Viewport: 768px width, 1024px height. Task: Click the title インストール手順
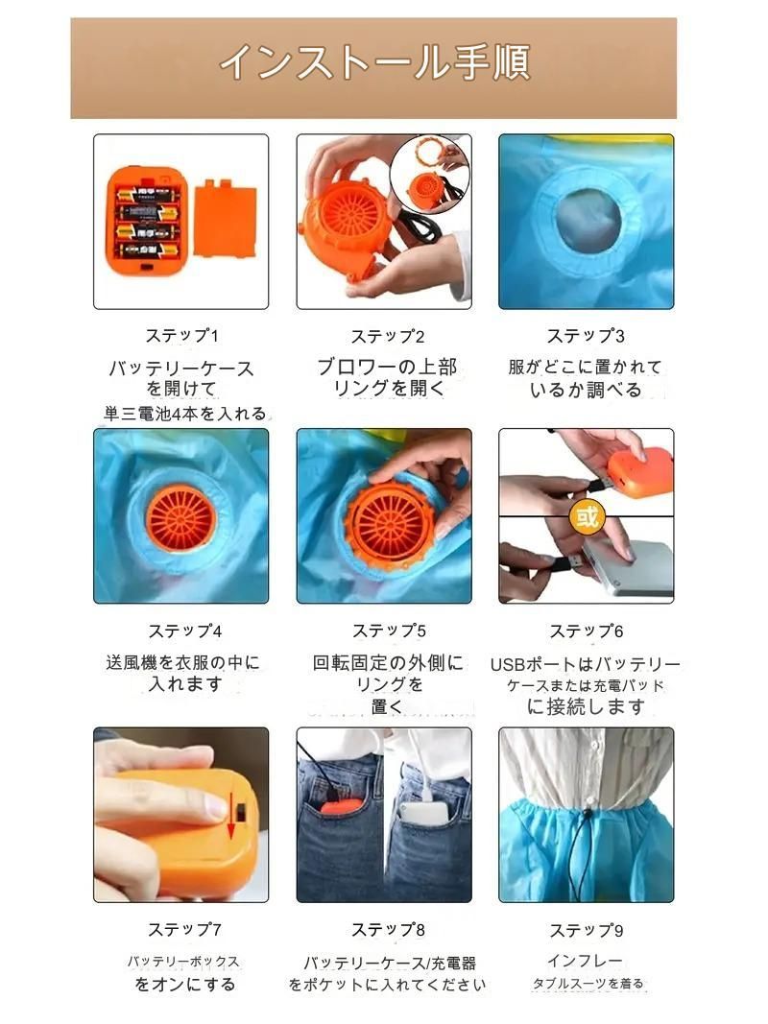[x=373, y=63]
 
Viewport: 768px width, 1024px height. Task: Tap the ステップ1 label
[x=181, y=336]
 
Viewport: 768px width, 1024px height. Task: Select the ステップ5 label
[x=388, y=631]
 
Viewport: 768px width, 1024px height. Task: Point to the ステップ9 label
[x=586, y=930]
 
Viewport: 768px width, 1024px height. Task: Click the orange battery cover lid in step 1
[x=225, y=219]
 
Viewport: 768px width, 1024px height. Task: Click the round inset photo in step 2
[x=428, y=174]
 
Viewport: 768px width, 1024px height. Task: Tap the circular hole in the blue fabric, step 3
[x=588, y=221]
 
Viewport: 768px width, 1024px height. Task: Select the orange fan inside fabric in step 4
[x=181, y=518]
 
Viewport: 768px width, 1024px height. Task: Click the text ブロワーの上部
[x=387, y=368]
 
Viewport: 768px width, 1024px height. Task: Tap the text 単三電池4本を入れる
[x=185, y=414]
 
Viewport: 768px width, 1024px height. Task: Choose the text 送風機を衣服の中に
[x=182, y=662]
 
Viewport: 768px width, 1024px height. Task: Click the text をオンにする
[x=184, y=985]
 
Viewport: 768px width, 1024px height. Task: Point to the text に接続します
[x=586, y=707]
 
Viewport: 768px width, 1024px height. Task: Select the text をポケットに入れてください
[x=387, y=985]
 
